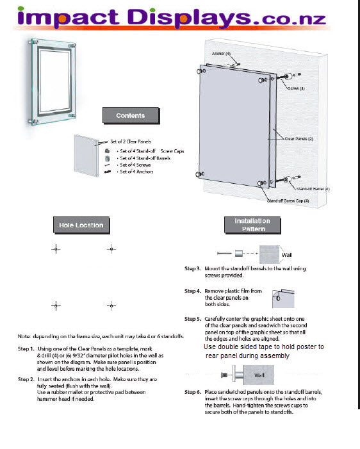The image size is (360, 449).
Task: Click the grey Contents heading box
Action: click(130, 116)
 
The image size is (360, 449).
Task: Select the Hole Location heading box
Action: click(81, 225)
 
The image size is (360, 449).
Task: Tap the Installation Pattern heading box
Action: click(253, 225)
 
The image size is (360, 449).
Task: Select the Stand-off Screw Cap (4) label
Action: click(288, 201)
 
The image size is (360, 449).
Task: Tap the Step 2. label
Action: click(27, 379)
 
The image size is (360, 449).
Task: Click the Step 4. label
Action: click(193, 291)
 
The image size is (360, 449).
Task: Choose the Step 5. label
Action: click(193, 318)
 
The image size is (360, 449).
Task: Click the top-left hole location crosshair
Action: click(56, 248)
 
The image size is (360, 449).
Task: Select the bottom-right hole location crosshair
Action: click(111, 306)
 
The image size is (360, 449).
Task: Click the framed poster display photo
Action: click(52, 81)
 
